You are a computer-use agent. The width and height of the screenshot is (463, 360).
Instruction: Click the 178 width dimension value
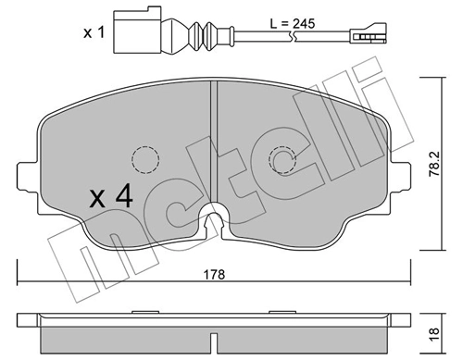click(215, 274)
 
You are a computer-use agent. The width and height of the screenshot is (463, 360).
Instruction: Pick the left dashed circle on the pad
click(144, 159)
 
